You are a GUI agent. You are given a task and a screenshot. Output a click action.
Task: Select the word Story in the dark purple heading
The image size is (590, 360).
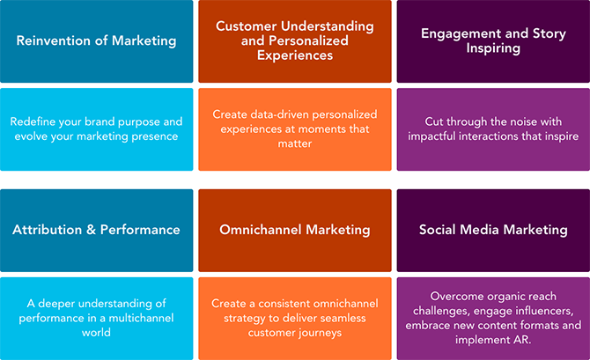549,34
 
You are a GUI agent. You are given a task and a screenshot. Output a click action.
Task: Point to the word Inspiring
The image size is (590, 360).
493,48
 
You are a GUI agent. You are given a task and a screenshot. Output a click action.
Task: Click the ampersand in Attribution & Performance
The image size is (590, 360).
91,230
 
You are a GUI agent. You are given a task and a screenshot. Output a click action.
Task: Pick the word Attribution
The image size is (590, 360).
47,230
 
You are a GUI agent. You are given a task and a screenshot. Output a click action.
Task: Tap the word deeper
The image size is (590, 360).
56,304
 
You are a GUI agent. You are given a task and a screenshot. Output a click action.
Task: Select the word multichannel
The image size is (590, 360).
141,318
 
